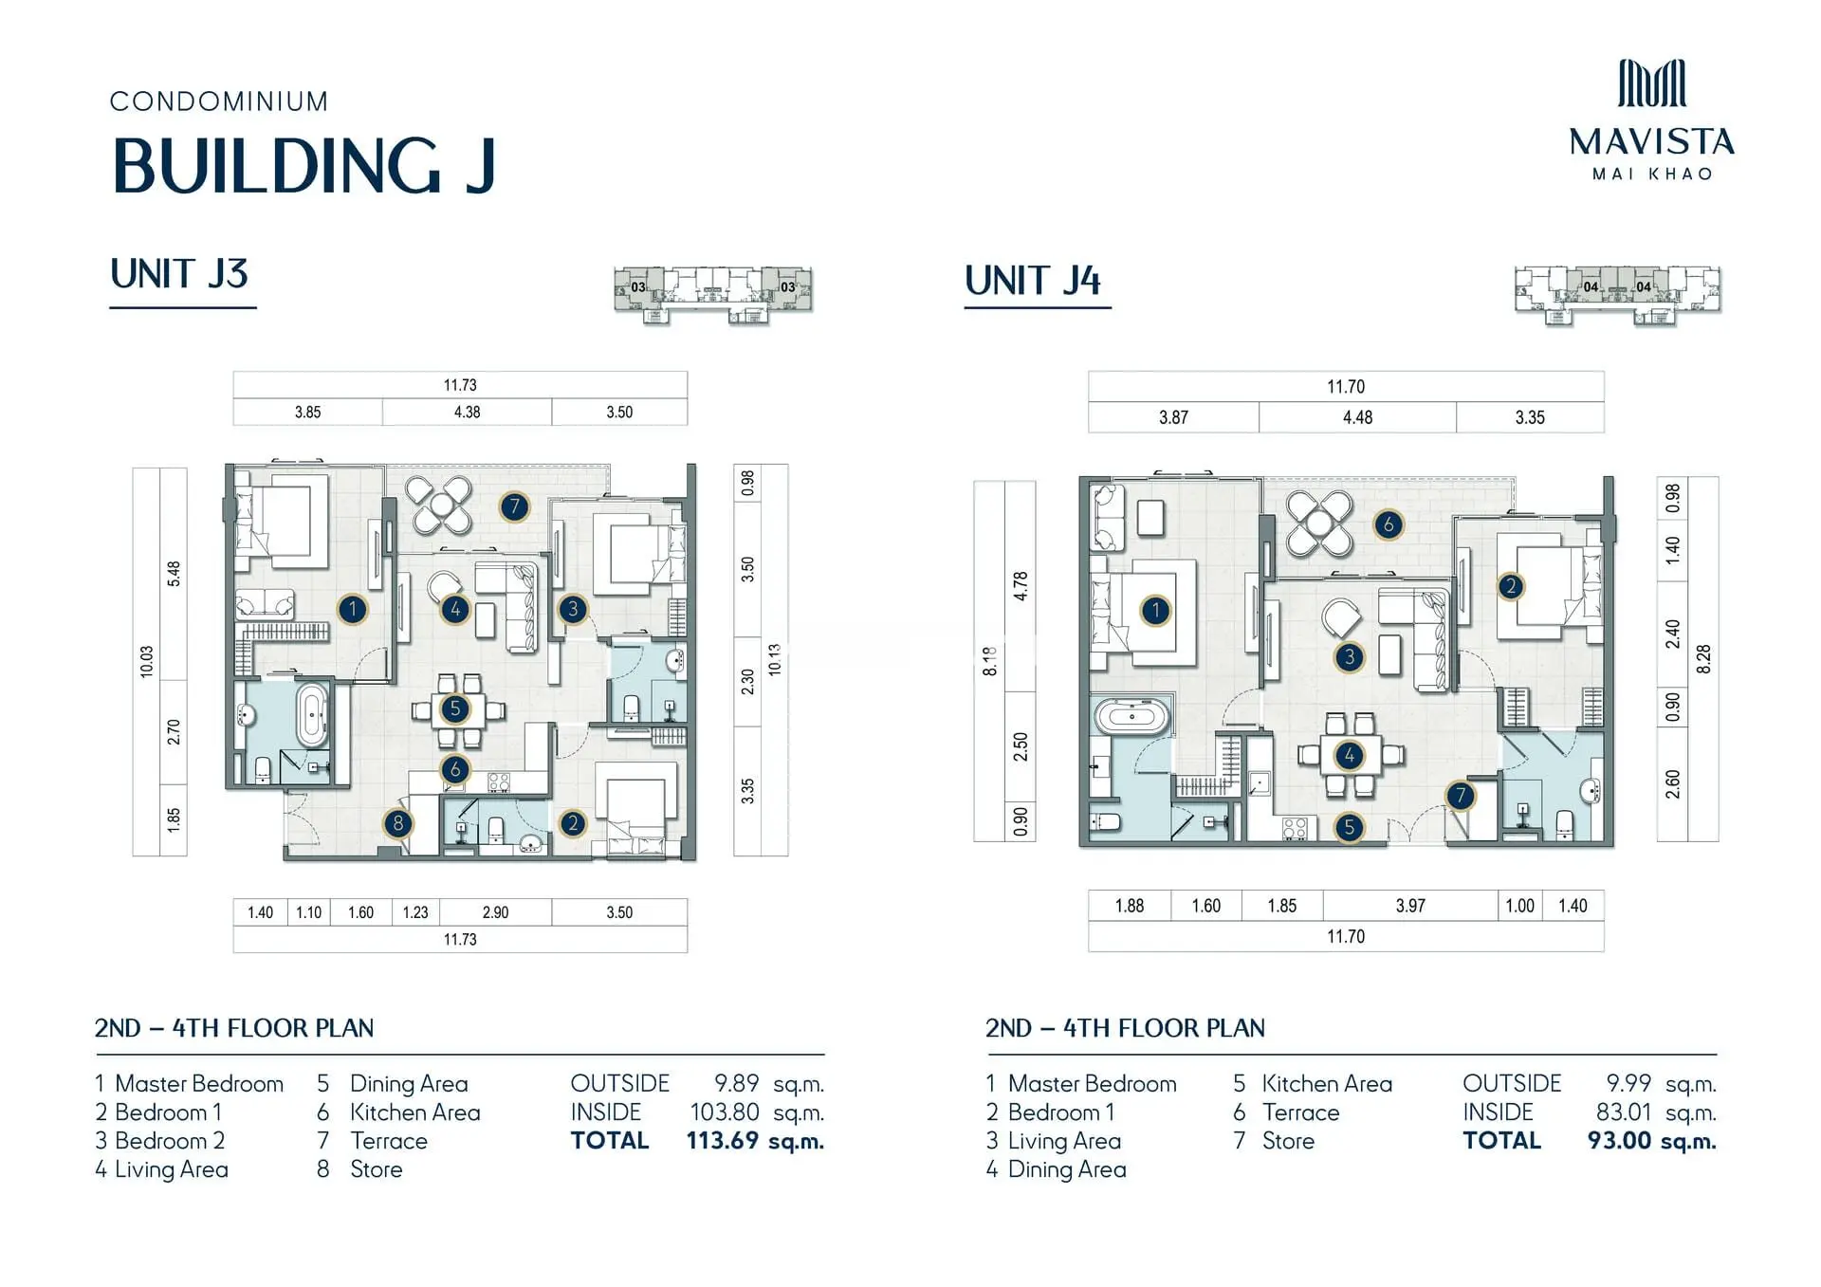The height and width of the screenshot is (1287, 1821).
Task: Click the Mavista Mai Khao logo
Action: pyautogui.click(x=1651, y=120)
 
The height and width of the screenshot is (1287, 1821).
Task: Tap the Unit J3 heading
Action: pyautogui.click(x=179, y=274)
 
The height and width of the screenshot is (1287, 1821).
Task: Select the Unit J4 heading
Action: pyautogui.click(x=1033, y=281)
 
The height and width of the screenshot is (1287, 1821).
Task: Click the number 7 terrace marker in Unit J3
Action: pyautogui.click(x=514, y=506)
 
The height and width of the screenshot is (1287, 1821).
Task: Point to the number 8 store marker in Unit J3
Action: pyautogui.click(x=397, y=823)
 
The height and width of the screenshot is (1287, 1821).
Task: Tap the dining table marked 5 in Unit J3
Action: pyautogui.click(x=456, y=709)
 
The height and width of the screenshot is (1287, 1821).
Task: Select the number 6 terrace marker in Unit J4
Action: pyautogui.click(x=1389, y=524)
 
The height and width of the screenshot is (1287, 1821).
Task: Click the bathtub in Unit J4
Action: pyautogui.click(x=1131, y=716)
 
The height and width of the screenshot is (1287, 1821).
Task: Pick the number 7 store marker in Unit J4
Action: pyautogui.click(x=1461, y=796)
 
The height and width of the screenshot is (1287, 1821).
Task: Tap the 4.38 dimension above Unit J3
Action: pyautogui.click(x=467, y=413)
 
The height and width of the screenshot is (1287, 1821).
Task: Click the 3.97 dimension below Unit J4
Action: pyautogui.click(x=1410, y=906)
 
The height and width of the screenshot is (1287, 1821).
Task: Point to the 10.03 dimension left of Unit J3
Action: pyautogui.click(x=146, y=661)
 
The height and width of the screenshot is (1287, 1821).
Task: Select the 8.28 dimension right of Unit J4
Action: pyautogui.click(x=1703, y=659)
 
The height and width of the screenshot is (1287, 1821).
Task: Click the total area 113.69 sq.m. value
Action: pyautogui.click(x=755, y=1141)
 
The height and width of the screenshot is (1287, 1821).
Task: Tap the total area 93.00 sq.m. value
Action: pyautogui.click(x=1652, y=1141)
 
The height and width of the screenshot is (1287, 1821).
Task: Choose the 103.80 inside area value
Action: pyautogui.click(x=725, y=1112)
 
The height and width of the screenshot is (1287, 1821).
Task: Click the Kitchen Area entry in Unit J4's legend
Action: pyautogui.click(x=1327, y=1084)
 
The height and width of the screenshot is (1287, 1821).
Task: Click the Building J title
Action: pyautogui.click(x=303, y=166)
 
